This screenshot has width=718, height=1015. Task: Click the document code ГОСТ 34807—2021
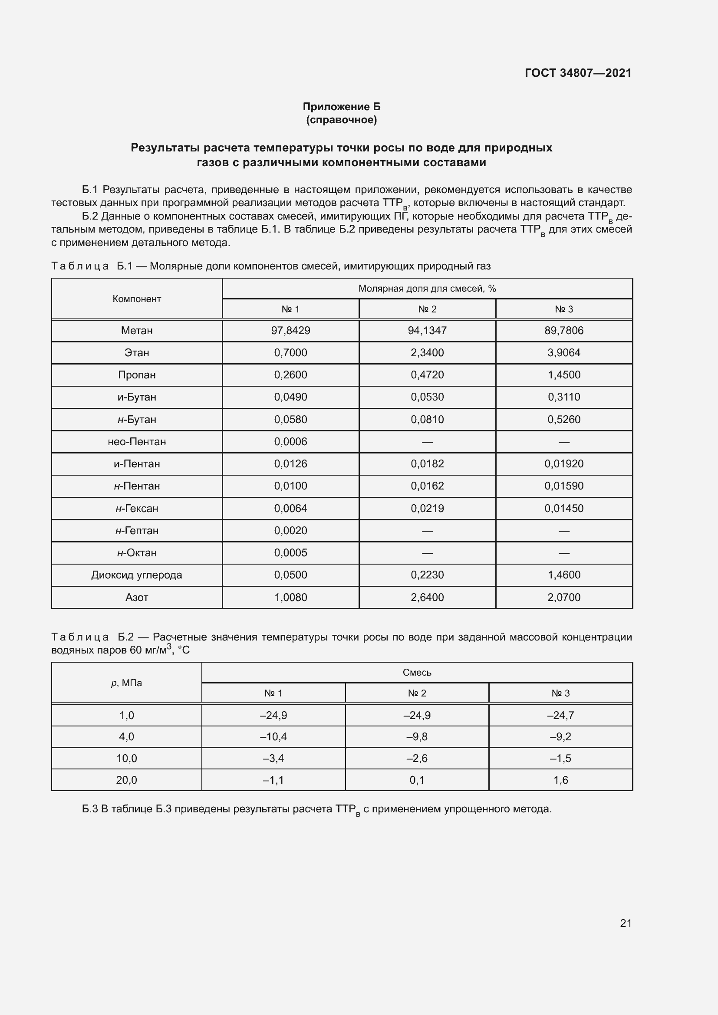[x=578, y=73]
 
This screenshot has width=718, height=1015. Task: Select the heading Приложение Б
[x=341, y=107]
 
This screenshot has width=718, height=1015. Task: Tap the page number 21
[x=626, y=923]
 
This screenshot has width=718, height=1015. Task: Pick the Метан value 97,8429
[x=290, y=331]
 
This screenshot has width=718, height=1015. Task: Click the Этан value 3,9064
[x=564, y=353]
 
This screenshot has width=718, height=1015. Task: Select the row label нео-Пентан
[x=137, y=442]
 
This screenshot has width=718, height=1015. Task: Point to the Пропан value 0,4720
[x=427, y=375]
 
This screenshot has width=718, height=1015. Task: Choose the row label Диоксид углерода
[x=137, y=575]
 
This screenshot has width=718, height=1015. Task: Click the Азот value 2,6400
[x=427, y=597]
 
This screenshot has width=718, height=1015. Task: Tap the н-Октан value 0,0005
[x=290, y=552]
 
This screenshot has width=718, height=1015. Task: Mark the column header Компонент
[x=137, y=299]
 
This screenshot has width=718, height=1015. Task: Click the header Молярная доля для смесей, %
[x=427, y=289]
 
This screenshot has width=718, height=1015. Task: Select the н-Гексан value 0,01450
[x=564, y=509]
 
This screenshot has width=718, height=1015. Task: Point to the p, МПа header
[x=126, y=683]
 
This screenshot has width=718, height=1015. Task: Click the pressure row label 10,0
[x=126, y=759]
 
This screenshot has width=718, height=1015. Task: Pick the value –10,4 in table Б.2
[x=273, y=736]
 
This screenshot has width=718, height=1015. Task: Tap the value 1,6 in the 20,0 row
[x=560, y=780]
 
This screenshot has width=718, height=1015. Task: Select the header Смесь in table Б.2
[x=417, y=672]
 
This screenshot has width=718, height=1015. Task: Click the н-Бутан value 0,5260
[x=564, y=420]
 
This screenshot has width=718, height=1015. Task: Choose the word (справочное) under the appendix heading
[x=341, y=120]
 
